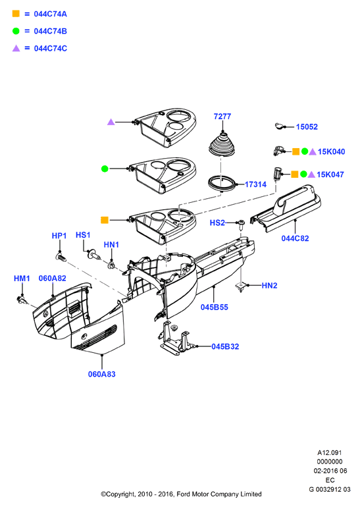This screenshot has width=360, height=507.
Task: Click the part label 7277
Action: [x=222, y=117]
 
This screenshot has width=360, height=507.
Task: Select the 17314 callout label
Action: [x=255, y=184]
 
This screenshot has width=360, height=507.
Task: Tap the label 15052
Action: [x=307, y=126]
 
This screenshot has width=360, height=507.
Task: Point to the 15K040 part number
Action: [x=331, y=151]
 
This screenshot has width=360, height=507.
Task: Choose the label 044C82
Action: [x=295, y=238]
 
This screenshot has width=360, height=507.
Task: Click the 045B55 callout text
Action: [x=215, y=307]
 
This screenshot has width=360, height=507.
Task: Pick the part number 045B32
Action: [x=225, y=346]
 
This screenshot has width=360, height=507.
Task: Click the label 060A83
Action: [x=102, y=374]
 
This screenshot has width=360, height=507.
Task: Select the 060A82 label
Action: [x=53, y=279]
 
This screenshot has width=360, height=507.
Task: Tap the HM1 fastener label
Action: [x=22, y=279]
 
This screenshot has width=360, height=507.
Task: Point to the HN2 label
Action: [x=270, y=286]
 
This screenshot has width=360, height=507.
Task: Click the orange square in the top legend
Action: [x=16, y=14]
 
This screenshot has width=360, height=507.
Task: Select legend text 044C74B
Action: [x=51, y=31]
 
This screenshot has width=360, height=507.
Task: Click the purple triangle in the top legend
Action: [x=16, y=48]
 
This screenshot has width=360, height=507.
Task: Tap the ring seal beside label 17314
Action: [x=222, y=183]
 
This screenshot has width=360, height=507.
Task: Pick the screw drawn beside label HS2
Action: [x=241, y=225]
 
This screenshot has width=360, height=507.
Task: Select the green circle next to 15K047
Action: [x=303, y=174]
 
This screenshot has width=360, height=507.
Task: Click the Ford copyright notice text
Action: [x=181, y=494]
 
